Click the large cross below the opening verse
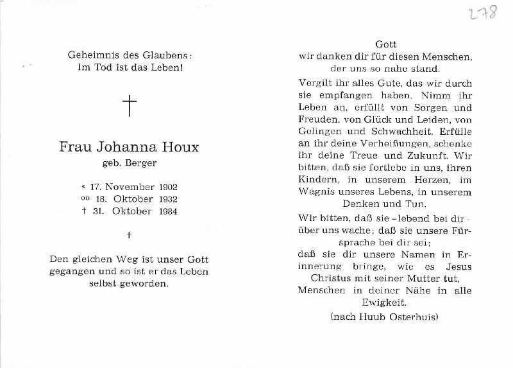click(130, 105)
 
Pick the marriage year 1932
click(165, 199)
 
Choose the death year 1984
click(165, 211)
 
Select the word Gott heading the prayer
click(386, 44)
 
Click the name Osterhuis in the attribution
click(408, 317)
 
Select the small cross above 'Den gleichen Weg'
click(129, 235)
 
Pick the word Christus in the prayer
click(333, 278)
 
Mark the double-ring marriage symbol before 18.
click(85, 199)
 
